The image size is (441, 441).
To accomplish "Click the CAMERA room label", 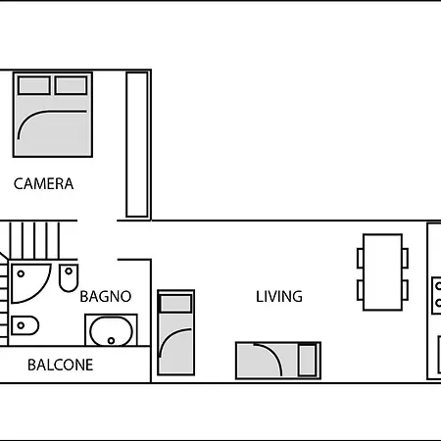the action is click(x=43, y=183).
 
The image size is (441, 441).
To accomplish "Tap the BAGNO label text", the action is click(x=106, y=297).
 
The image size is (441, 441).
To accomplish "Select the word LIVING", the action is click(x=279, y=297).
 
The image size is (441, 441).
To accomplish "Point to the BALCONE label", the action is click(x=61, y=365).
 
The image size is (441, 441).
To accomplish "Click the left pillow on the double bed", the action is click(x=34, y=85).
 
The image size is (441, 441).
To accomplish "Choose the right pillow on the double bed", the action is click(x=72, y=85).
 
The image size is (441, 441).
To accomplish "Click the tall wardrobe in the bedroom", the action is click(x=137, y=144).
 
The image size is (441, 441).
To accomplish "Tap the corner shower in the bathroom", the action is click(x=29, y=282).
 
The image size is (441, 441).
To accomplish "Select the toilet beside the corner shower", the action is click(x=69, y=277).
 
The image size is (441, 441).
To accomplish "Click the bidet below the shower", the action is click(x=24, y=325).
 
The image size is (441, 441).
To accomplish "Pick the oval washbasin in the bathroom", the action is click(x=111, y=330).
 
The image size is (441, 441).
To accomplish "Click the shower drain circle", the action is click(x=21, y=273).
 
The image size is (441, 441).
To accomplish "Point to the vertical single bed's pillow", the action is click(x=175, y=304).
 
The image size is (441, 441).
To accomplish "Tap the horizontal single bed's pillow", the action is click(x=308, y=360).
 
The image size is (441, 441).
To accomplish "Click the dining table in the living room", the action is click(x=382, y=272).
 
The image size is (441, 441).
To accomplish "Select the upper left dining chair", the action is click(x=361, y=258).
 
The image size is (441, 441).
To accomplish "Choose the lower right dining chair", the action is click(x=405, y=290).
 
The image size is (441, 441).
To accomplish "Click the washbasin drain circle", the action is click(x=111, y=341).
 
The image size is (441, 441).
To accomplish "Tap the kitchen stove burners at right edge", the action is click(x=436, y=295).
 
